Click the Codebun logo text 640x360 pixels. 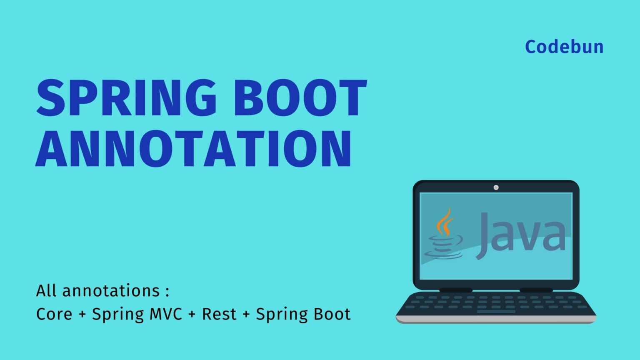tap(564, 47)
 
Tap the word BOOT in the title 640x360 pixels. tap(300, 99)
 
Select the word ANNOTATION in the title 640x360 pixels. tap(194, 149)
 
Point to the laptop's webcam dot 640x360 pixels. tap(496, 187)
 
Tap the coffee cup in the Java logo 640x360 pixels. tap(444, 247)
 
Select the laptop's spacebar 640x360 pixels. tap(496, 311)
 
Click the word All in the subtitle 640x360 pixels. tap(46, 291)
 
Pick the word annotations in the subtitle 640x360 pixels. tap(111, 291)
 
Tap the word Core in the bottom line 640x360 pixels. tap(54, 314)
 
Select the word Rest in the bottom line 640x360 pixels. tap(219, 314)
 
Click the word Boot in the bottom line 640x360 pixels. tap(332, 314)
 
